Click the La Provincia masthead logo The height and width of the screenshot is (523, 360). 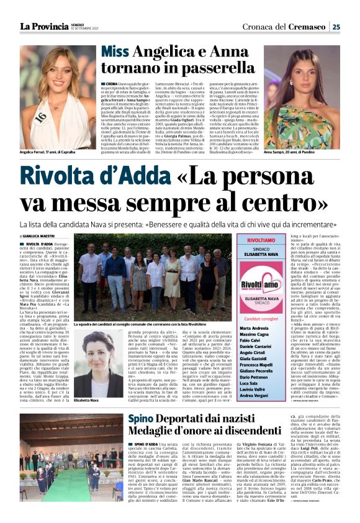pyautogui.click(x=44, y=26)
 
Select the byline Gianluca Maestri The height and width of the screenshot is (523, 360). pyautogui.click(x=40, y=237)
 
